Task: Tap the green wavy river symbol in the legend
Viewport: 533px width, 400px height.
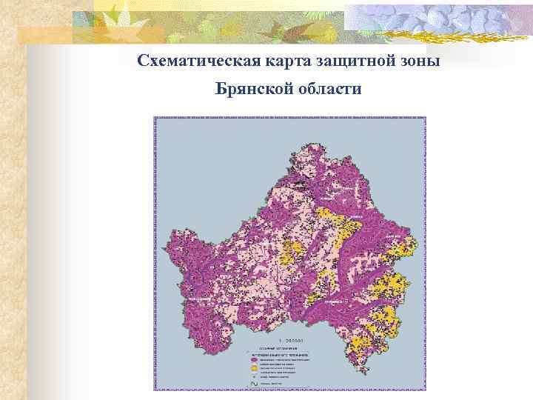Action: coord(253,384)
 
